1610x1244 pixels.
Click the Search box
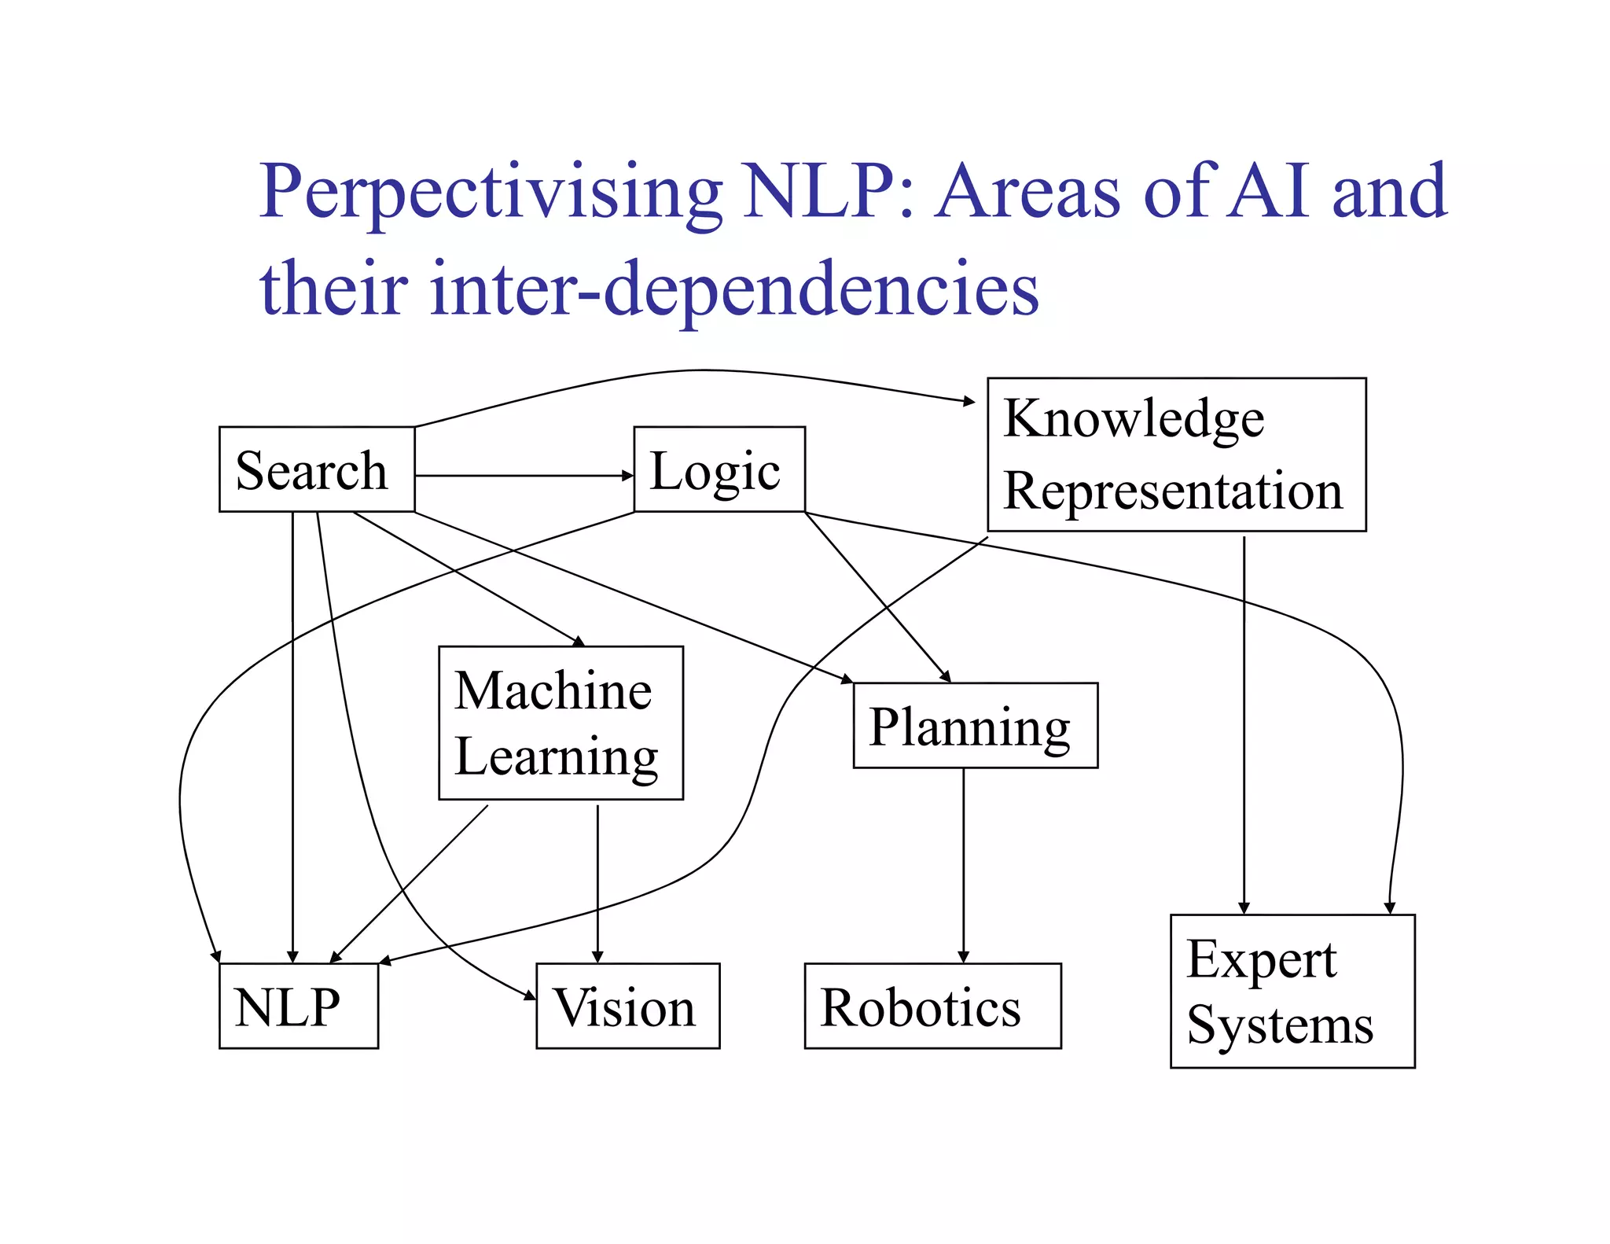click(316, 469)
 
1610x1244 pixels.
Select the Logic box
click(719, 469)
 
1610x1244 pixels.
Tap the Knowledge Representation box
click(1176, 455)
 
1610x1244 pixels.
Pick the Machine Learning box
click(561, 723)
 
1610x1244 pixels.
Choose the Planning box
click(975, 725)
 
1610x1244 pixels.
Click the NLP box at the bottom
click(298, 1006)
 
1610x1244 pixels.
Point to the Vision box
click(627, 1006)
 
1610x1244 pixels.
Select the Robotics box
click(932, 1006)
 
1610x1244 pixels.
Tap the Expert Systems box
click(1292, 991)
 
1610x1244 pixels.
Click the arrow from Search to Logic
click(524, 476)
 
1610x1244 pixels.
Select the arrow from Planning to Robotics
click(963, 865)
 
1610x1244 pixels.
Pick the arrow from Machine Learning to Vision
click(597, 881)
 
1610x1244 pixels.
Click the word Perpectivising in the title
click(491, 193)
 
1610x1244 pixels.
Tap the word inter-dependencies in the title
click(734, 289)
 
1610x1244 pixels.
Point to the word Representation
click(1173, 491)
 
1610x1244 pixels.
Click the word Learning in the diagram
click(557, 756)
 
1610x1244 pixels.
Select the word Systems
click(1280, 1025)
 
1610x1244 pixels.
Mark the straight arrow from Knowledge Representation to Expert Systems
click(1244, 723)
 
